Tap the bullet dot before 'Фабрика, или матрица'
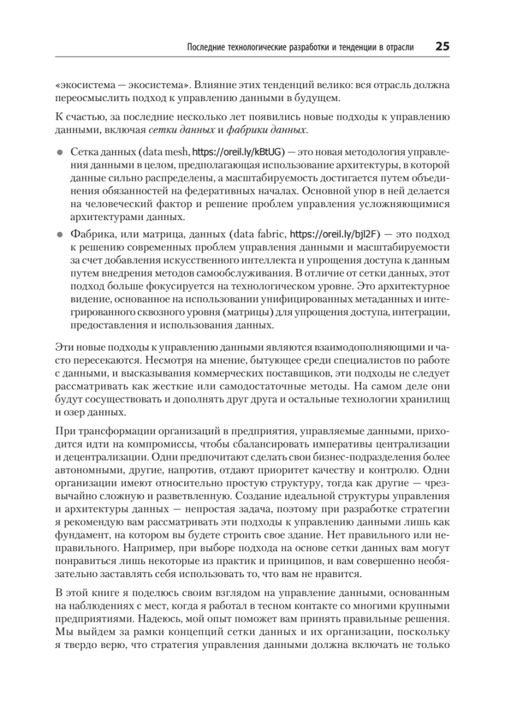(x=59, y=234)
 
